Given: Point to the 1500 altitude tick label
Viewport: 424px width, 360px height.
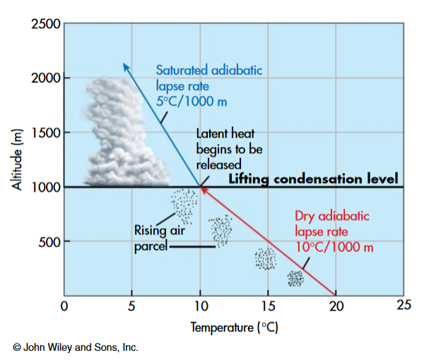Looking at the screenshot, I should [x=45, y=132].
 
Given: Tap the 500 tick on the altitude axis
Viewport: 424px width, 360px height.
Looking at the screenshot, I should [x=50, y=241].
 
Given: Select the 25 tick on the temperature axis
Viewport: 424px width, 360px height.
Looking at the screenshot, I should [x=403, y=306].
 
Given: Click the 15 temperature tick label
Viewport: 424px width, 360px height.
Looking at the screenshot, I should [x=268, y=306].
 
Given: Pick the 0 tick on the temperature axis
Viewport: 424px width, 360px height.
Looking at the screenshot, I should [x=64, y=306].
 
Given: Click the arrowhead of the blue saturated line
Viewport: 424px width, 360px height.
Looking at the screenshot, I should [x=125, y=66].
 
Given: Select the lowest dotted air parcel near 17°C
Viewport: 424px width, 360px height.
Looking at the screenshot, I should [x=295, y=278].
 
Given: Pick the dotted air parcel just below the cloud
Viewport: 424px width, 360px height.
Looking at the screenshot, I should [x=184, y=204].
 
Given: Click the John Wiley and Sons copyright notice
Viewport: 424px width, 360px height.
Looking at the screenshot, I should [x=74, y=347].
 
